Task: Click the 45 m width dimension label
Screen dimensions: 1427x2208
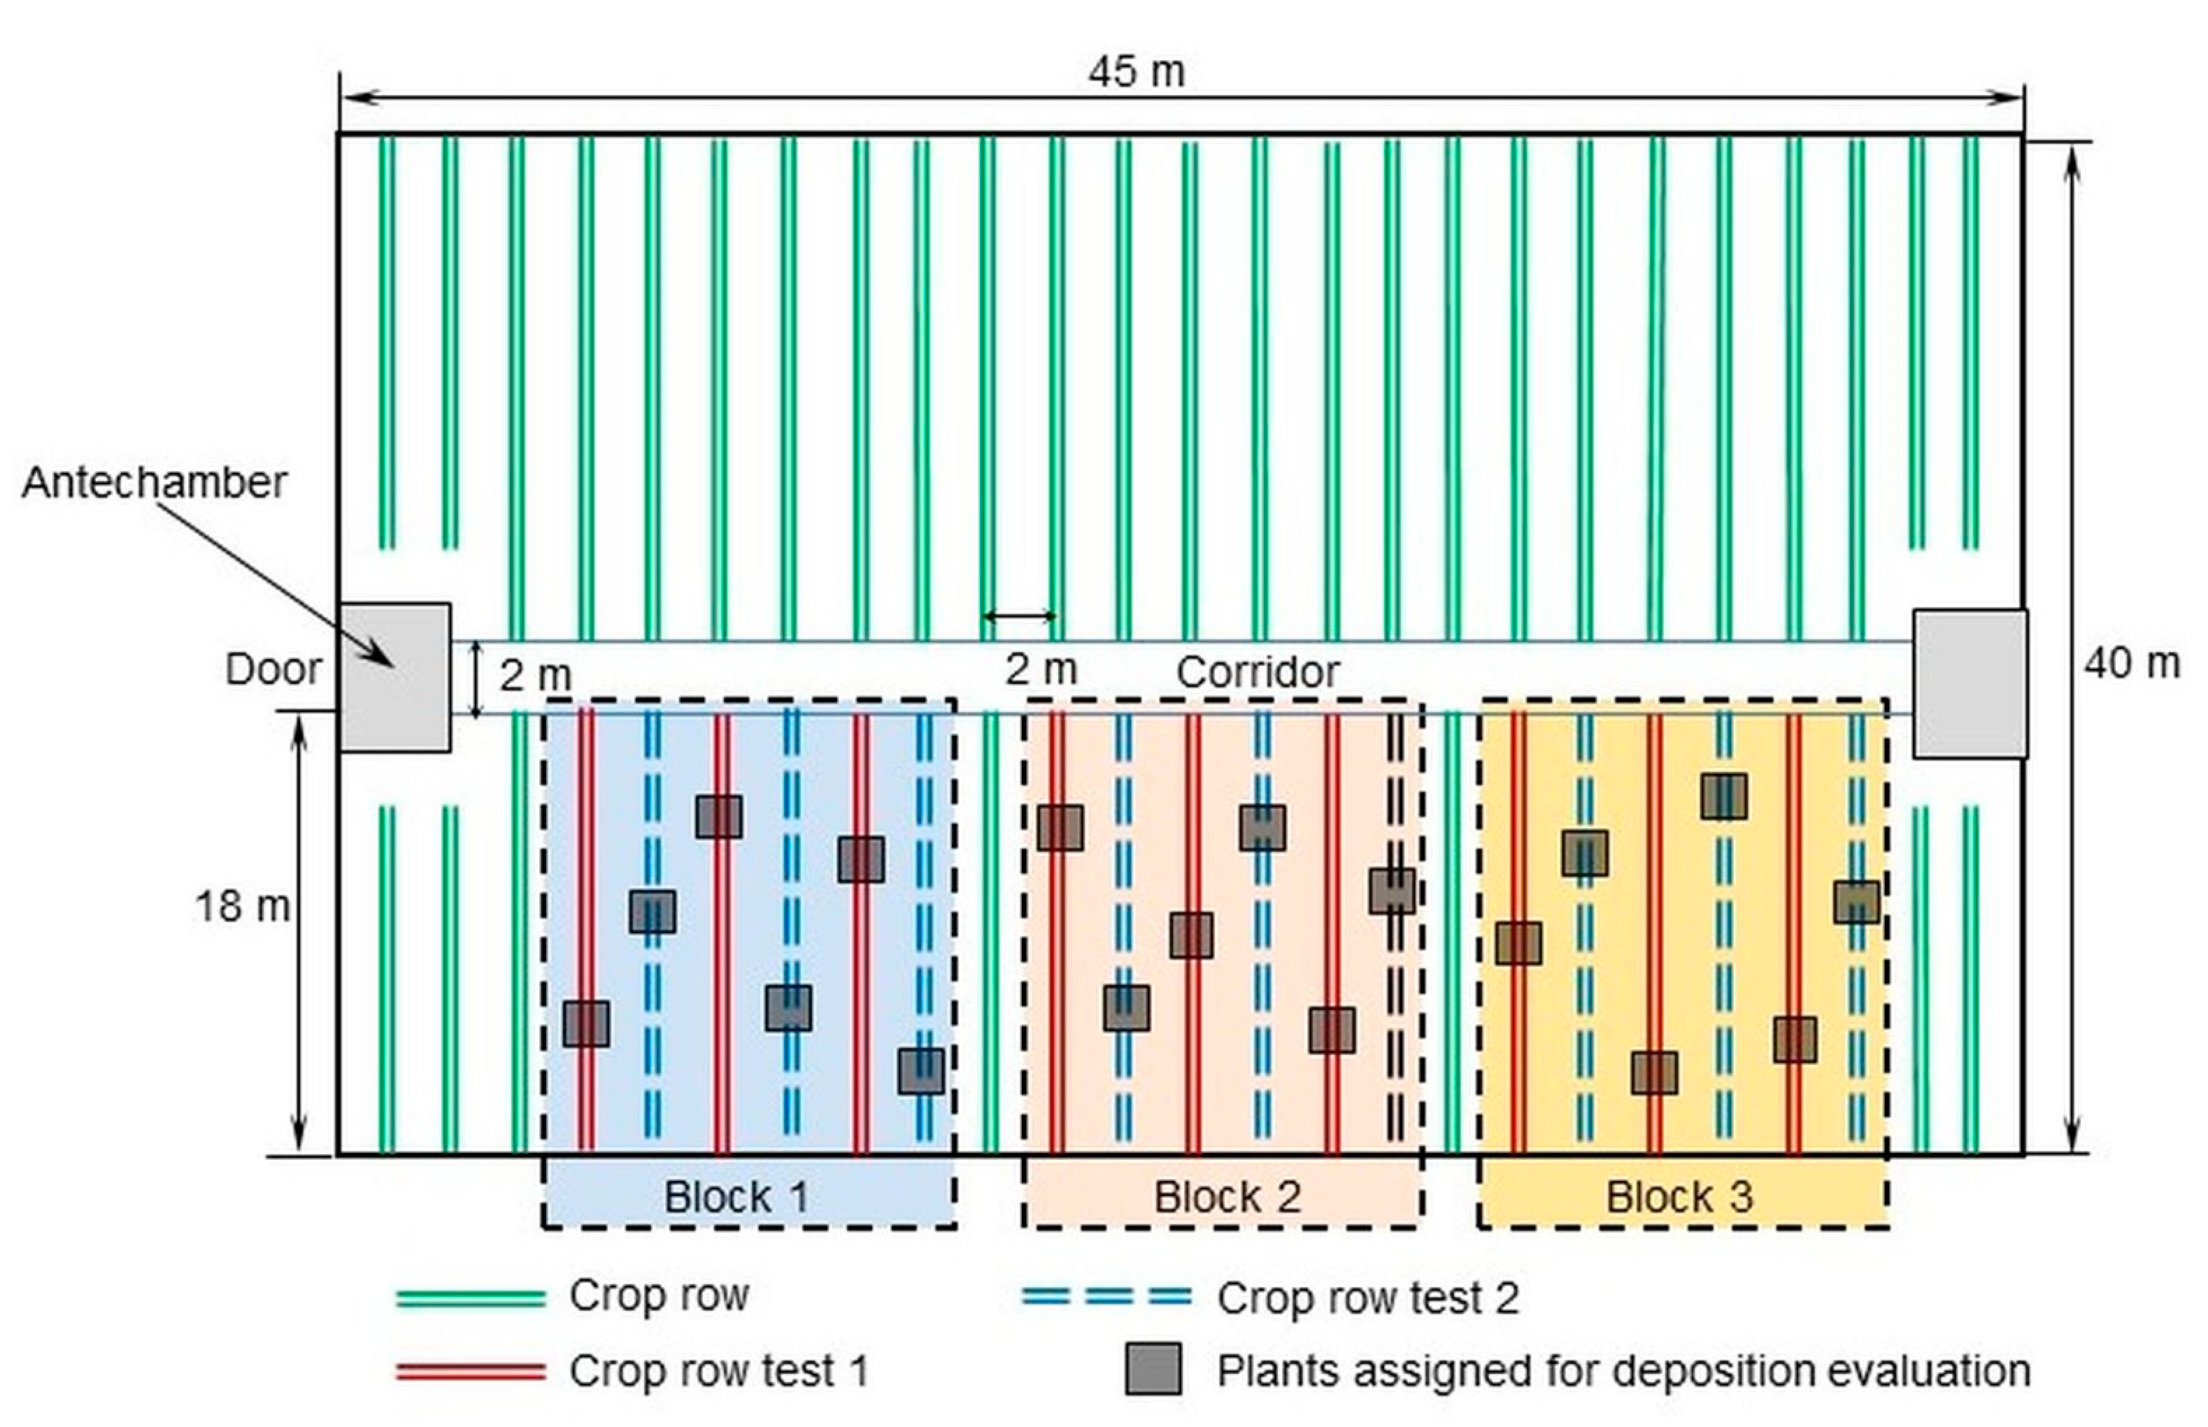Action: [1136, 72]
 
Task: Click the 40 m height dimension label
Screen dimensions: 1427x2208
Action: [2131, 663]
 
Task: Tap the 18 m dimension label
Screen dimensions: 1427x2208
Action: [242, 907]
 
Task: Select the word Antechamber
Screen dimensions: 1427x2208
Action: [154, 482]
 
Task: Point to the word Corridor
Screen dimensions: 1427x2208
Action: [1258, 672]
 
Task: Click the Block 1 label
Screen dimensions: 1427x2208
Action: [736, 1197]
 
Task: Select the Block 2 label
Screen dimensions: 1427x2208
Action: [1227, 1197]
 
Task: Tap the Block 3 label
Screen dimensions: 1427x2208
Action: [1679, 1197]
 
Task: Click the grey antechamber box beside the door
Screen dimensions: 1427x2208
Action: [394, 676]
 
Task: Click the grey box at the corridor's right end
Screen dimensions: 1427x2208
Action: [1970, 683]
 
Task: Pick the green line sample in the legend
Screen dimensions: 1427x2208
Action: [471, 1298]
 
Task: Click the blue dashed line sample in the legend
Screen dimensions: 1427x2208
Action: [1106, 1296]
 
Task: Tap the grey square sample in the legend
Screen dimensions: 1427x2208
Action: [1153, 1370]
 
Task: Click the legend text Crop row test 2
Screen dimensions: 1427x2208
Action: [1367, 1298]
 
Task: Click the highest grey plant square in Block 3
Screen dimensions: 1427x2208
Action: [1723, 796]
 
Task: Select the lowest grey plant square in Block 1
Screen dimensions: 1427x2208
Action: [921, 1071]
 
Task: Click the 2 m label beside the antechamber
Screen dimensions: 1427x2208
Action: [534, 676]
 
